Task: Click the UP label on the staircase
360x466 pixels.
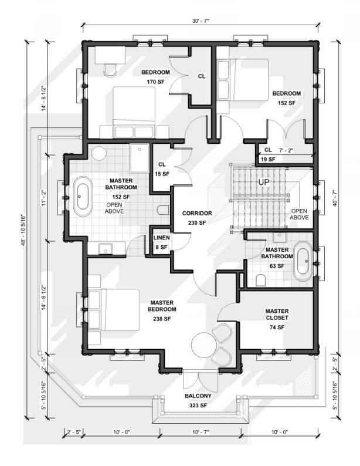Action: click(263, 182)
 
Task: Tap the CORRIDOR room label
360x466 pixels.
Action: click(197, 214)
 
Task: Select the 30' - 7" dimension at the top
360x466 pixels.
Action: click(201, 21)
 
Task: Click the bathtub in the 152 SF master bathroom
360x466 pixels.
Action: click(83, 197)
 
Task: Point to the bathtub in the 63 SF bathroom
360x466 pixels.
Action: click(303, 261)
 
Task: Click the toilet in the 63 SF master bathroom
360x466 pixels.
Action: click(260, 281)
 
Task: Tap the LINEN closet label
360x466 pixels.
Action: click(161, 238)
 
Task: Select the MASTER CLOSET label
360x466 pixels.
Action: click(277, 315)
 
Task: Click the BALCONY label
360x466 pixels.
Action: click(198, 396)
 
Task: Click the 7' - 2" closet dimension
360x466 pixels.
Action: click(286, 150)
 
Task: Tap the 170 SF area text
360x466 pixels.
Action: click(155, 82)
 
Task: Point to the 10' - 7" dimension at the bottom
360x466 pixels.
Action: click(201, 432)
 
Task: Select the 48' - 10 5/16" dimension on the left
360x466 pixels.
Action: click(23, 231)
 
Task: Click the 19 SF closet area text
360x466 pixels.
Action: click(268, 160)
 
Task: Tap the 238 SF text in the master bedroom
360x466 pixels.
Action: click(162, 319)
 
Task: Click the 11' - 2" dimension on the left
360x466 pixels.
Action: click(44, 198)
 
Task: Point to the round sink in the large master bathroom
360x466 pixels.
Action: click(99, 153)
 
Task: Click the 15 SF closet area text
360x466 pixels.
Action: click(162, 174)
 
